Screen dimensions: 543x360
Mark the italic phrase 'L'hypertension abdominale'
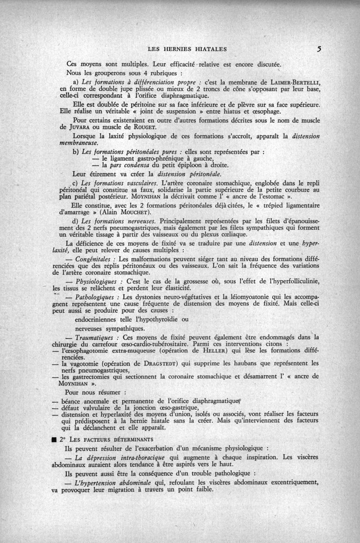point(116,482)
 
